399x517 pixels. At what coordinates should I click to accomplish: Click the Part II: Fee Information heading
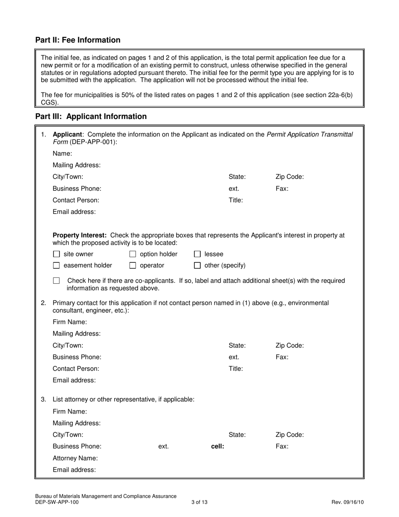tap(78, 40)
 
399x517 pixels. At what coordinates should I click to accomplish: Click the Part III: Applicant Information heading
tap(91, 116)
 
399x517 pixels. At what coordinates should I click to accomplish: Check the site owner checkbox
tap(57, 254)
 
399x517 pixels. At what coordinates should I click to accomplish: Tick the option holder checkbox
tap(133, 254)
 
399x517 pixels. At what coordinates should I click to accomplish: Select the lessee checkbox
tap(197, 254)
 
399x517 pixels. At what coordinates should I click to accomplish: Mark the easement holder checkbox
tap(57, 266)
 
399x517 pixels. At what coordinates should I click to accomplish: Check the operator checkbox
tap(133, 266)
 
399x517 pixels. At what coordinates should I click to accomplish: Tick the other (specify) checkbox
tap(197, 266)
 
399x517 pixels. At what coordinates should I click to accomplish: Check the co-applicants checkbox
tap(57, 280)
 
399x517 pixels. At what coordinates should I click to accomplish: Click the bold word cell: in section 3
tap(217, 446)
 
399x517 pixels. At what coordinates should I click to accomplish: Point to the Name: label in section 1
tap(62, 154)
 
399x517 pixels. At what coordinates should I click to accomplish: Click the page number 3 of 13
tap(199, 502)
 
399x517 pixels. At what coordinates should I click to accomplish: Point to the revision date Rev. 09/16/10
tap(347, 502)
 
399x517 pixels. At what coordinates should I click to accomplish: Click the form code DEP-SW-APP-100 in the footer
tap(57, 502)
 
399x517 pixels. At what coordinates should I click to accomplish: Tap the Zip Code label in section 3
tap(289, 435)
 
